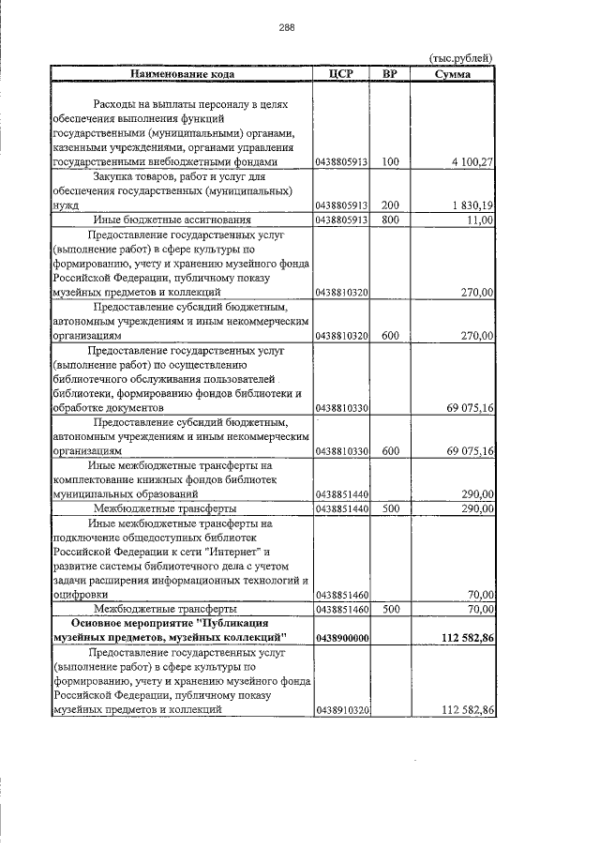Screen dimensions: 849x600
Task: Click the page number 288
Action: tap(287, 27)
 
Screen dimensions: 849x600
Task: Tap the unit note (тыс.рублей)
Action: tap(461, 58)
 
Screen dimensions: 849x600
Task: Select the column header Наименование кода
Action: tap(182, 73)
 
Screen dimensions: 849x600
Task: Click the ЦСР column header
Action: tap(341, 73)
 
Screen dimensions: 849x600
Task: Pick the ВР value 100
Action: tap(390, 162)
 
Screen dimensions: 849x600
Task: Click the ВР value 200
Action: tap(390, 205)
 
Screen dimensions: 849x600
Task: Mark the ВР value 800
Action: tap(390, 220)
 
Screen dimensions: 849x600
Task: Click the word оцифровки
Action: tap(82, 594)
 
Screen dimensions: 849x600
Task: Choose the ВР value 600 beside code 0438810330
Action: tap(390, 451)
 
